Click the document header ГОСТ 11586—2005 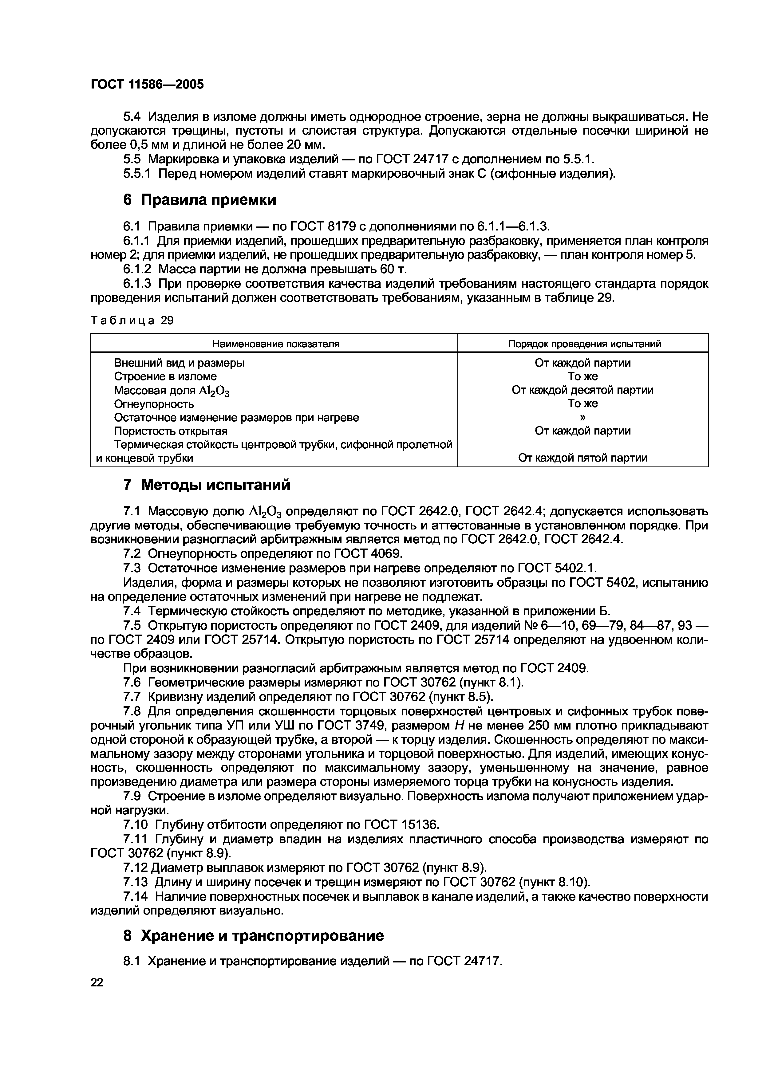(147, 85)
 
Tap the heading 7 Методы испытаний (207, 485)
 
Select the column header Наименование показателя (276, 344)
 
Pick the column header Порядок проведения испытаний (584, 344)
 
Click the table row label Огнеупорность (154, 404)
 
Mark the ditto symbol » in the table (583, 417)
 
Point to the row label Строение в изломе (165, 376)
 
